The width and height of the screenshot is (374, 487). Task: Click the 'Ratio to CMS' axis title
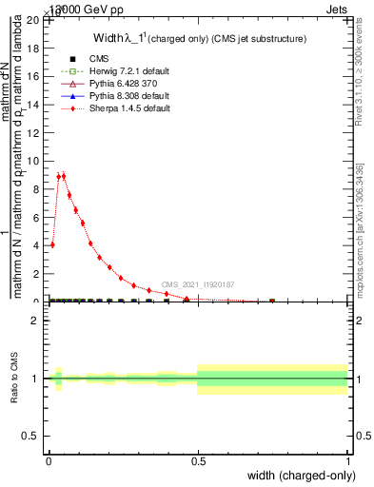[15, 379]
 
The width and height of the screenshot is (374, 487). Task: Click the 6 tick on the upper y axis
[37, 217]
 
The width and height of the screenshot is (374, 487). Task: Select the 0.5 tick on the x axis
[198, 459]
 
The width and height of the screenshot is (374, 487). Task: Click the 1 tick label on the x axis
[347, 459]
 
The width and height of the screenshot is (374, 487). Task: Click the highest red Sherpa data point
[64, 175]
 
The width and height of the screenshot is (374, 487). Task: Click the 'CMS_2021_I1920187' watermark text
[197, 284]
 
